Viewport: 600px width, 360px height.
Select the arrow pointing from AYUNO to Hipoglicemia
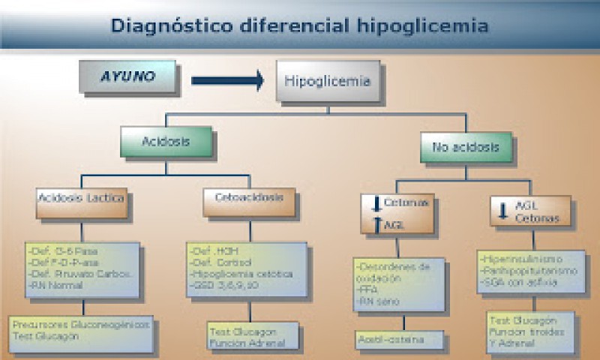click(227, 79)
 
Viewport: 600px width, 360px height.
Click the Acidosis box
click(166, 141)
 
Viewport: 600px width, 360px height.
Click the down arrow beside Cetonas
click(376, 203)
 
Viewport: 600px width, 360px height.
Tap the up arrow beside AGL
click(376, 223)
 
